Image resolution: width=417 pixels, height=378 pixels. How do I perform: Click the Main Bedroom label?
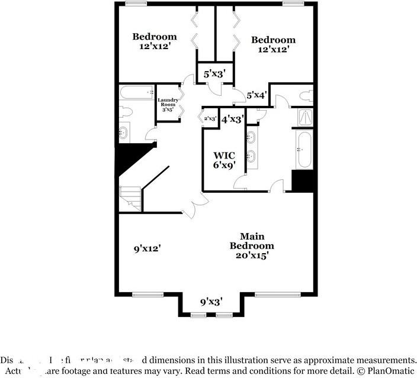click(252, 245)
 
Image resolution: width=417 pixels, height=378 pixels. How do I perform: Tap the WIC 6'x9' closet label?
click(224, 160)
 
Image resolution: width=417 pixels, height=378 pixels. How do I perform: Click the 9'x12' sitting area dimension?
click(147, 249)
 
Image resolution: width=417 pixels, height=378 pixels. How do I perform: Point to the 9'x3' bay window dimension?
click(211, 302)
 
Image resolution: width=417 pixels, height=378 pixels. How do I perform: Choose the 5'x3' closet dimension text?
click(214, 74)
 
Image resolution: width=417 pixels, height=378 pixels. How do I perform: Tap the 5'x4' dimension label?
click(256, 94)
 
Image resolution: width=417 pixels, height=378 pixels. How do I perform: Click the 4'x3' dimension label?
click(232, 119)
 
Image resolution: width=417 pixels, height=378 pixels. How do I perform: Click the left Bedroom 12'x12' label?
click(154, 41)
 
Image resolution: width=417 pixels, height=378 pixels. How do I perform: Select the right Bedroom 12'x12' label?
click(273, 44)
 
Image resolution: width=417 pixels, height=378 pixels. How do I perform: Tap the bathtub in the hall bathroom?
click(136, 92)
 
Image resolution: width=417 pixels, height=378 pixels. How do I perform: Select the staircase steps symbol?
click(131, 198)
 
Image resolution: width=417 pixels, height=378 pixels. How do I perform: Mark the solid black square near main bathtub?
click(302, 181)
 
